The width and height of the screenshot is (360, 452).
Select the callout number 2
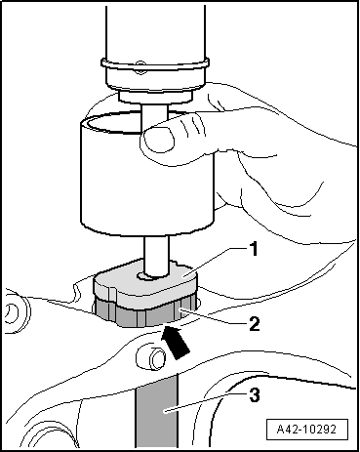(254, 324)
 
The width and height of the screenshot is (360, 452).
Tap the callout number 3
(254, 395)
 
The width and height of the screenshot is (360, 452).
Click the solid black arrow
(176, 343)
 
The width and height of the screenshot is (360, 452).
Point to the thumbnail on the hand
(159, 140)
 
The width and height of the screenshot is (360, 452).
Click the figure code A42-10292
(306, 430)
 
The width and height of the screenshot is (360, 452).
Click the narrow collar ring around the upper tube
(155, 63)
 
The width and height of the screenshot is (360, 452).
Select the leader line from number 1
(213, 262)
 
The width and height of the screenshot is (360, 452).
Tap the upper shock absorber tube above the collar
(155, 32)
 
